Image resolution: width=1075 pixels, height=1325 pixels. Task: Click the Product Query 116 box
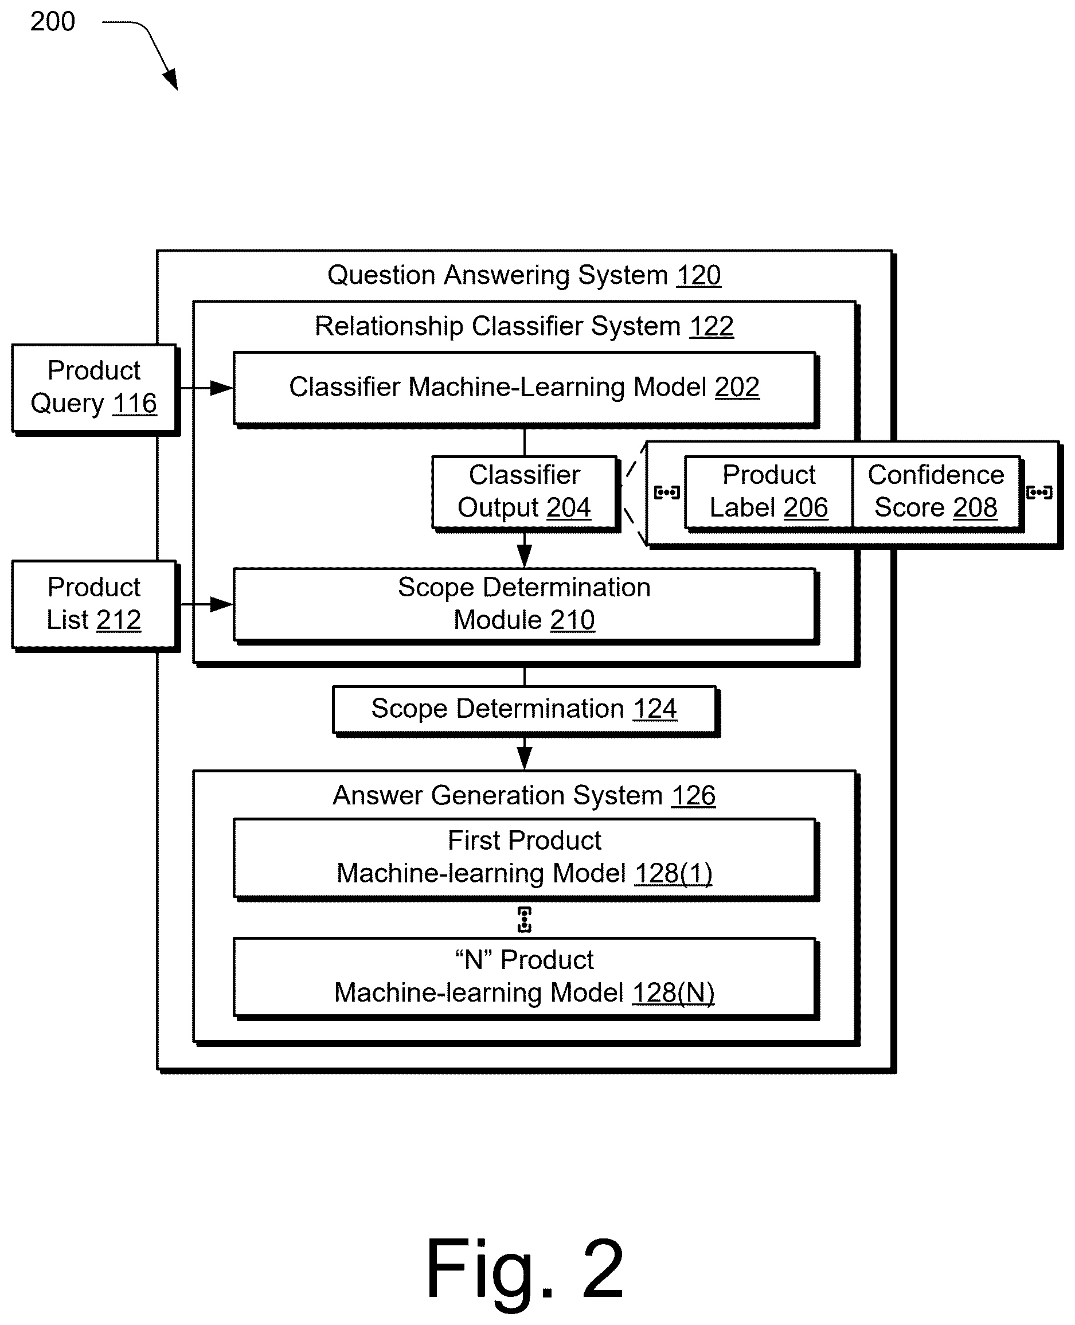click(x=95, y=388)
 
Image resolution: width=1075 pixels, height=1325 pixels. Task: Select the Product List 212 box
click(x=95, y=604)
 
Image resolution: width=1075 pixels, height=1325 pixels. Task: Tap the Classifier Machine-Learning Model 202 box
click(x=525, y=388)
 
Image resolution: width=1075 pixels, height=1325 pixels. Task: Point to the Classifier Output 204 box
click(x=525, y=493)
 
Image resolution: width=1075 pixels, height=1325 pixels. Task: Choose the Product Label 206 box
click(x=768, y=493)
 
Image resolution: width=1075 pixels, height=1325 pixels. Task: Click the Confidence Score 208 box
click(x=936, y=493)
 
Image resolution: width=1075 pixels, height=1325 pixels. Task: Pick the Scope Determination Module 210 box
click(x=525, y=605)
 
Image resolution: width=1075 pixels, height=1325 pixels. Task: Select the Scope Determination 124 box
click(x=525, y=710)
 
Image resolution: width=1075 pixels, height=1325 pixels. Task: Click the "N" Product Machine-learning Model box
click(x=525, y=978)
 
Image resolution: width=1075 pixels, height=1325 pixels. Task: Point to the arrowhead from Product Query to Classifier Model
click(x=221, y=388)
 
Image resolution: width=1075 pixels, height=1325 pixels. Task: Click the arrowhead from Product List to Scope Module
click(x=221, y=604)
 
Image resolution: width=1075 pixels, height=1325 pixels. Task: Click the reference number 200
click(x=53, y=22)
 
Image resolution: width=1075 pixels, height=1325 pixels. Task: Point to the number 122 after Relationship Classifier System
click(x=712, y=326)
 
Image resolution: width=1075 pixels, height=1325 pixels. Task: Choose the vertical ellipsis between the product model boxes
click(x=525, y=920)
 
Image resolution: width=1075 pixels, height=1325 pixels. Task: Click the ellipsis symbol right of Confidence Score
click(x=1039, y=493)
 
